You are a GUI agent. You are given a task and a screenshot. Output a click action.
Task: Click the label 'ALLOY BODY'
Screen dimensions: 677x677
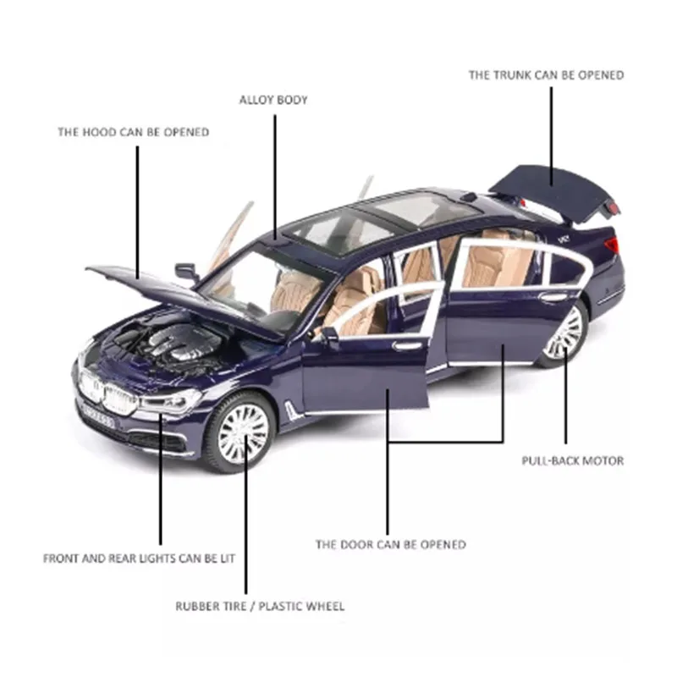[x=273, y=100]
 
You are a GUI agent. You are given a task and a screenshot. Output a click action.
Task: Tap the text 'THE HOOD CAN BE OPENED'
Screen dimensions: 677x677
[x=133, y=132]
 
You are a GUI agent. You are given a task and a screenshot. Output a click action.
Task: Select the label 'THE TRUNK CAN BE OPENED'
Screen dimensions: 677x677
[x=547, y=75]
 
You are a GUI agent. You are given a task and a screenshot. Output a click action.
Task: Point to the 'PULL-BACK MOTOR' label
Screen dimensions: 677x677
[x=573, y=461]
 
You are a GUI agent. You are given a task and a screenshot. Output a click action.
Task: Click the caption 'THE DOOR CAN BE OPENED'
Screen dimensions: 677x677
[x=390, y=544]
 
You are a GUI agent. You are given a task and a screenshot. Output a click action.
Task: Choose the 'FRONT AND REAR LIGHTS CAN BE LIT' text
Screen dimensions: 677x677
[x=139, y=559]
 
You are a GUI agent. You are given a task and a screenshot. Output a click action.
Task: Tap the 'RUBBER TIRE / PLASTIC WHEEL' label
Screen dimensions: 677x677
[x=260, y=606]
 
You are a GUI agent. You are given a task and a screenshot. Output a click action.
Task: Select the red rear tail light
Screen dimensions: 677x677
[x=611, y=245]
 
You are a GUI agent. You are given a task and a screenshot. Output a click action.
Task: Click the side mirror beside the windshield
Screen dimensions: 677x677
[x=186, y=272]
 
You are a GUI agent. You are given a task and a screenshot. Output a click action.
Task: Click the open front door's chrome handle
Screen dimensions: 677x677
[x=408, y=344]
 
